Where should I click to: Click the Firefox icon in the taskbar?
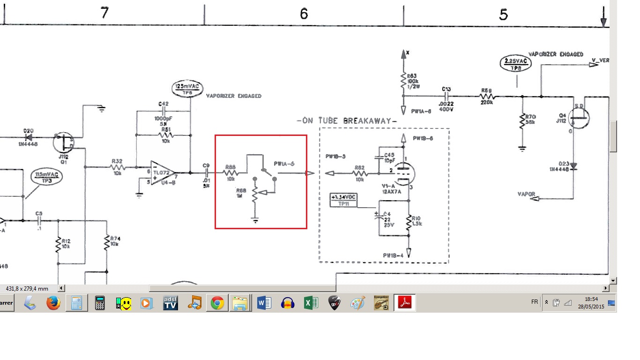[53, 303]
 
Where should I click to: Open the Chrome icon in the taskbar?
[216, 303]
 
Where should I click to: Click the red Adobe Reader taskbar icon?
[404, 303]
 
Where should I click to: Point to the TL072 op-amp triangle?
[162, 172]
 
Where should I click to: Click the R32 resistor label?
[117, 161]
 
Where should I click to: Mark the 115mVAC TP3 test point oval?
[47, 177]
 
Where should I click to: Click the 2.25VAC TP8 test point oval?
[516, 64]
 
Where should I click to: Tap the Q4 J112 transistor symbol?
[580, 117]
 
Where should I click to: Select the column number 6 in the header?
[304, 14]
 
